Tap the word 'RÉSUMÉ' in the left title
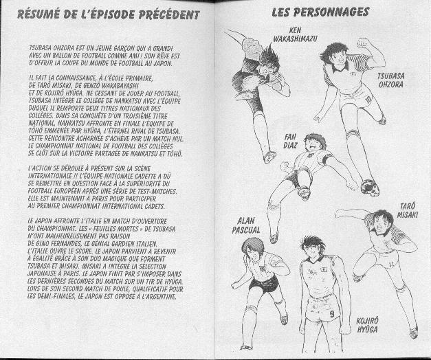40,14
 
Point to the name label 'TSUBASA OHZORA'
390,80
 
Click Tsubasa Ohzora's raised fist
362,43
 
